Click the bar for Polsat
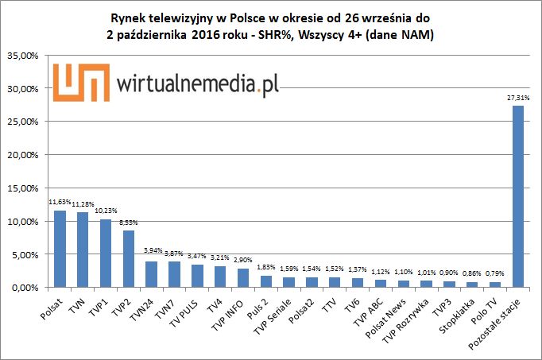click(x=60, y=248)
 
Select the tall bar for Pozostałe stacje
click(x=518, y=195)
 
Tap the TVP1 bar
click(x=106, y=253)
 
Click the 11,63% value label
click(x=60, y=203)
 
